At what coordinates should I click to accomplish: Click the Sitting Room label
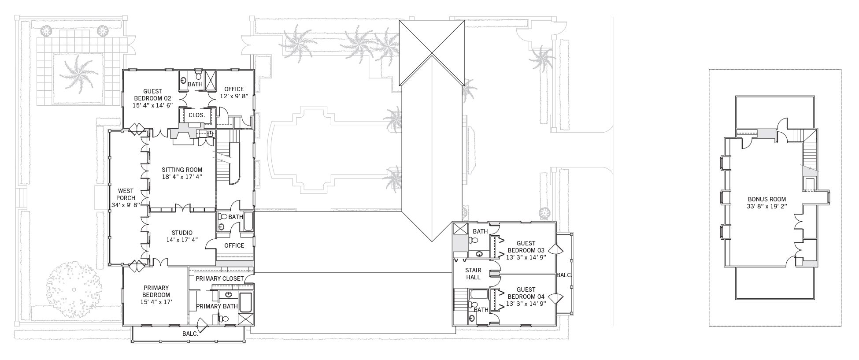click(182, 170)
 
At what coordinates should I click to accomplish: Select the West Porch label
click(126, 194)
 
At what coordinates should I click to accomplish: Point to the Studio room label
click(181, 233)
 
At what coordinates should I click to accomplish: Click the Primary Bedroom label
click(156, 291)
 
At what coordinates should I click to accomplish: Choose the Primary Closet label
click(219, 278)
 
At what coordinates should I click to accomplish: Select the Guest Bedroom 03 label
click(526, 246)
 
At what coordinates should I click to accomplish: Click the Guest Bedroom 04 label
click(526, 293)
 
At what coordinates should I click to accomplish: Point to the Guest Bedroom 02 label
click(152, 95)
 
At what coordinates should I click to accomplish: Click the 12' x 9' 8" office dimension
click(234, 96)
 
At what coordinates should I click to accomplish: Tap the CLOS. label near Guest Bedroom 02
click(196, 115)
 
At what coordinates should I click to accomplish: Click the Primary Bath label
click(217, 306)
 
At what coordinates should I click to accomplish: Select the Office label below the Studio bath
click(234, 245)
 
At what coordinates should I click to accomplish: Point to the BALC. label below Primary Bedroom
click(190, 334)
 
